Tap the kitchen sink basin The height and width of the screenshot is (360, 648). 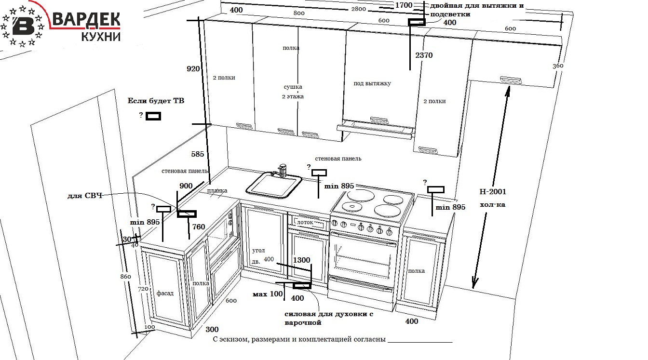(x=273, y=185)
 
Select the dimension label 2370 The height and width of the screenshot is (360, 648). (x=424, y=55)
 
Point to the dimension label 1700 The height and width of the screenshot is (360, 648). (x=404, y=5)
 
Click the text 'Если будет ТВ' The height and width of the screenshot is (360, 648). (x=156, y=101)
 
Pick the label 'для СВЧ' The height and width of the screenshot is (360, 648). (x=84, y=196)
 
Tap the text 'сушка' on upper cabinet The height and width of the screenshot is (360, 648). (x=293, y=87)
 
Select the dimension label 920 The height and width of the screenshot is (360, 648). (x=193, y=69)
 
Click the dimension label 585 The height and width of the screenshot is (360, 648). (x=198, y=155)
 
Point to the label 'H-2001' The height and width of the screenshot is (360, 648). (x=493, y=191)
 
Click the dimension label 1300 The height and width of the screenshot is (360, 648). (x=301, y=260)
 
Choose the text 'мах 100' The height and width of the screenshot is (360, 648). (x=268, y=293)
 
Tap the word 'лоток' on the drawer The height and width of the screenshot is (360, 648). (x=305, y=223)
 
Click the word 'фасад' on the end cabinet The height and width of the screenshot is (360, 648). (x=165, y=293)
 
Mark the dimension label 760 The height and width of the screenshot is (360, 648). (x=199, y=227)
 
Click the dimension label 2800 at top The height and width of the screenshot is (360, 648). (x=358, y=9)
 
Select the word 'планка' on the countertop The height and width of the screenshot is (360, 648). (x=217, y=191)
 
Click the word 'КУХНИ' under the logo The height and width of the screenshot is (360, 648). (x=101, y=37)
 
